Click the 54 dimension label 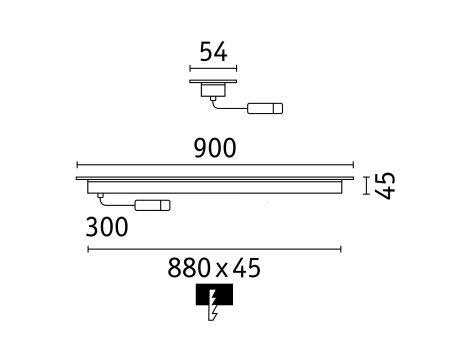tap(214, 52)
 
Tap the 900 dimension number tap(215, 148)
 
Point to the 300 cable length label tap(107, 227)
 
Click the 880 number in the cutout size tap(189, 268)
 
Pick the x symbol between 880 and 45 tap(222, 271)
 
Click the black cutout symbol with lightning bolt tap(214, 302)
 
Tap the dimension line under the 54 tap(213, 69)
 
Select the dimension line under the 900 tap(215, 165)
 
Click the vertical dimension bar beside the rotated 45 tap(367, 186)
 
